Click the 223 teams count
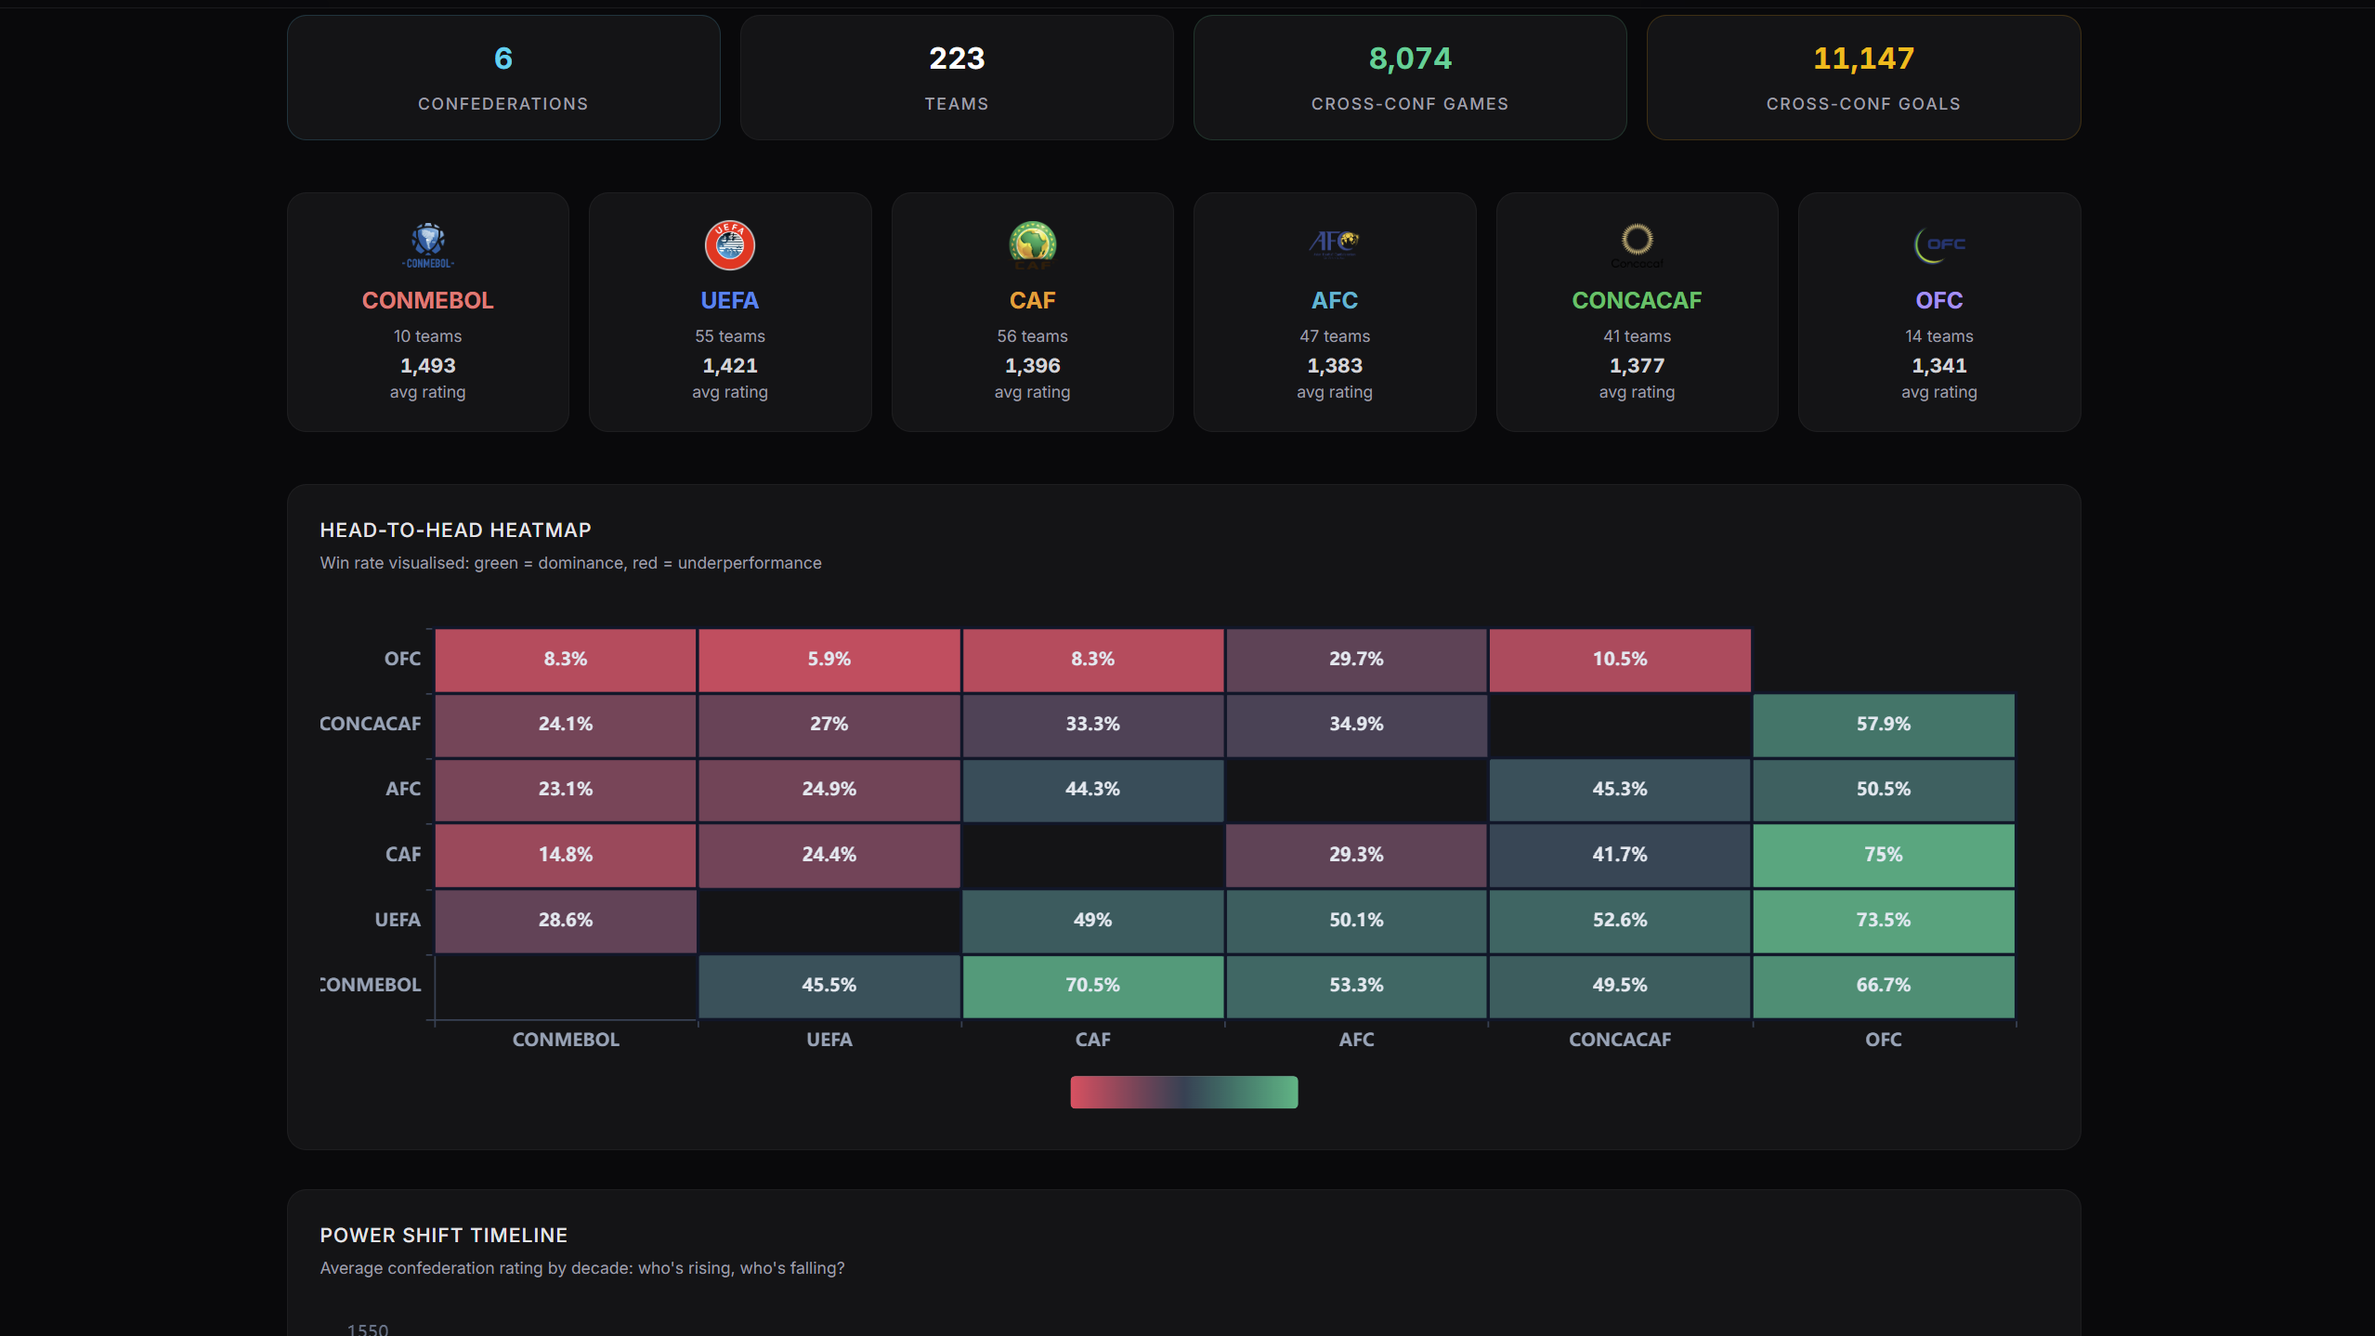[957, 59]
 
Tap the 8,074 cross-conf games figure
[1410, 59]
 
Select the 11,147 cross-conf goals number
[1863, 59]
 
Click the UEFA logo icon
[730, 245]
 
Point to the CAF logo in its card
[1033, 244]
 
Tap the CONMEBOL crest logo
[428, 245]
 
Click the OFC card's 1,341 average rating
[1939, 366]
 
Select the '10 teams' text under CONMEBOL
[427, 336]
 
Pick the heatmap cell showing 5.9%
[829, 660]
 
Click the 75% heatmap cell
[1884, 855]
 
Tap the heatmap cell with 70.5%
[1092, 986]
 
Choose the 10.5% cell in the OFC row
[1620, 660]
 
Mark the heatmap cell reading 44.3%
[1092, 790]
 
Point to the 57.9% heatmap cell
[1884, 725]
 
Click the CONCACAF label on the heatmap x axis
[1620, 1040]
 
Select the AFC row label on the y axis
[403, 789]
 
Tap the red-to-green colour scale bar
[1184, 1092]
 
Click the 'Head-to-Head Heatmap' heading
[455, 530]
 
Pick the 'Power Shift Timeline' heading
[444, 1236]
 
